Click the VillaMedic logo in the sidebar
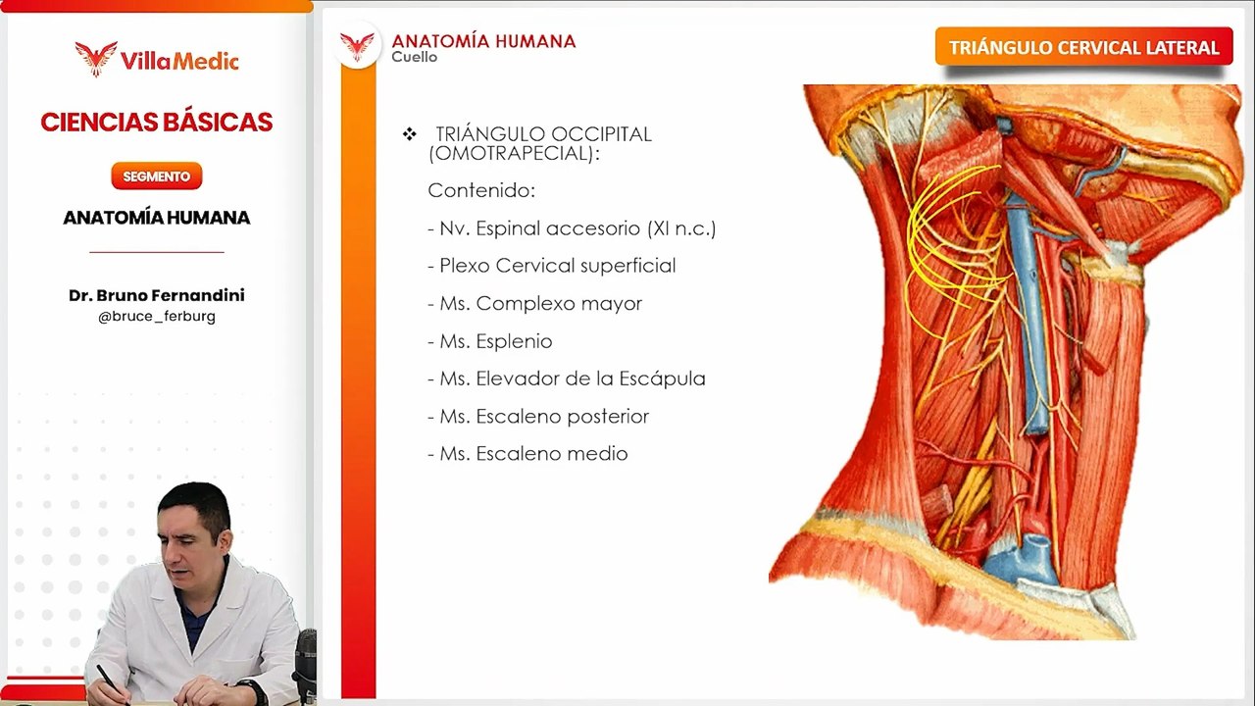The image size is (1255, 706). [x=157, y=59]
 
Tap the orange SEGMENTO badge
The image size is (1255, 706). [x=157, y=176]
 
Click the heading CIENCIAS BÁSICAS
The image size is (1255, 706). [x=157, y=123]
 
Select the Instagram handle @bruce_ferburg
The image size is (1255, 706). [x=157, y=316]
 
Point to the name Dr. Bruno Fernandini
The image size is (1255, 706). [x=157, y=295]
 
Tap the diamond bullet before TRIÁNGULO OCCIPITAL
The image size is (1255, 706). [x=410, y=134]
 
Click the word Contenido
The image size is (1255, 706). [x=481, y=190]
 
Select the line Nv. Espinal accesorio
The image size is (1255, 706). [x=572, y=228]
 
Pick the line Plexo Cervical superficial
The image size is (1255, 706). [x=551, y=266]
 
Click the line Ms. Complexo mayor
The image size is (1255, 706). [x=534, y=304]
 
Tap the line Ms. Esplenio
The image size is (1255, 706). [x=489, y=341]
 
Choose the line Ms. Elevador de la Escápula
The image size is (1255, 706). [x=566, y=378]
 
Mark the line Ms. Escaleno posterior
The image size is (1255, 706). [x=538, y=417]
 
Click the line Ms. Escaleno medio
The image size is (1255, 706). [x=527, y=454]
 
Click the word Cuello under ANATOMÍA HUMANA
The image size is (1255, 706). [x=414, y=57]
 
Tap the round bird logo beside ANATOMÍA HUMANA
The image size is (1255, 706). [x=358, y=45]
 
